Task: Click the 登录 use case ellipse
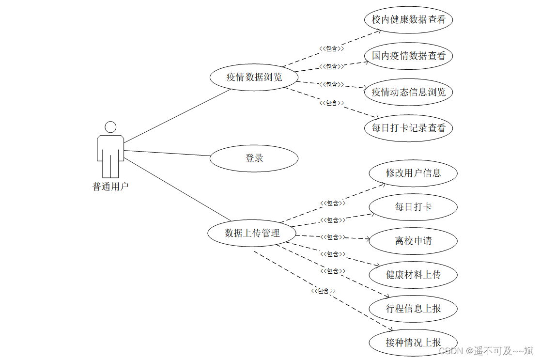click(x=254, y=158)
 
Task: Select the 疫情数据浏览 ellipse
click(x=254, y=77)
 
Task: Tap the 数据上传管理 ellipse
click(x=252, y=233)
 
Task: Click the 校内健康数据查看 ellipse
click(x=408, y=20)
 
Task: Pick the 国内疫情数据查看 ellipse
click(x=408, y=56)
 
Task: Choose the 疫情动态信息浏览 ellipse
click(x=408, y=92)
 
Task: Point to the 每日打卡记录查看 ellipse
click(x=408, y=128)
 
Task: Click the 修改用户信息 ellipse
click(x=413, y=173)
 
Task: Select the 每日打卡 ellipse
click(x=413, y=207)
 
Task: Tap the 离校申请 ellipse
click(x=413, y=241)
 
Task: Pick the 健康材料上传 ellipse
click(x=413, y=275)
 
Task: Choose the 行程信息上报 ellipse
click(x=413, y=309)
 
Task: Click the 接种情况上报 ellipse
click(x=413, y=343)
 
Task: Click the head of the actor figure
click(x=110, y=127)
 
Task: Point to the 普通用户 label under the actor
click(x=110, y=187)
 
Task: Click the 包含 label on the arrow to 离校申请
click(x=332, y=237)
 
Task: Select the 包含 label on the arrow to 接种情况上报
click(x=323, y=291)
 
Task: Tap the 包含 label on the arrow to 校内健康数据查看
click(x=332, y=48)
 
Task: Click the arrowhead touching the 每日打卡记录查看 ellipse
click(x=375, y=117)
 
